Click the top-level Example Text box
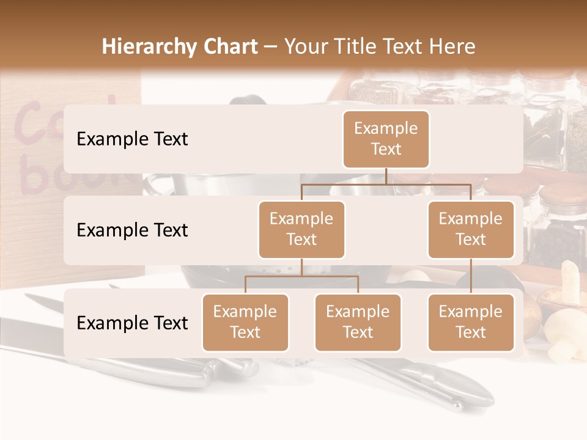click(386, 139)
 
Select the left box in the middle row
click(301, 229)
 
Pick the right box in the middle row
click(471, 229)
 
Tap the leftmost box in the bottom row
click(245, 322)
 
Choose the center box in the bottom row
click(358, 322)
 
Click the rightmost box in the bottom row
click(471, 322)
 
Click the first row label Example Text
click(132, 139)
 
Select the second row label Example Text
click(132, 230)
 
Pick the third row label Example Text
click(132, 323)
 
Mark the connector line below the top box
click(386, 176)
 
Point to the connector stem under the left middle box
click(301, 267)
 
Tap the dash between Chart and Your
click(271, 47)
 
